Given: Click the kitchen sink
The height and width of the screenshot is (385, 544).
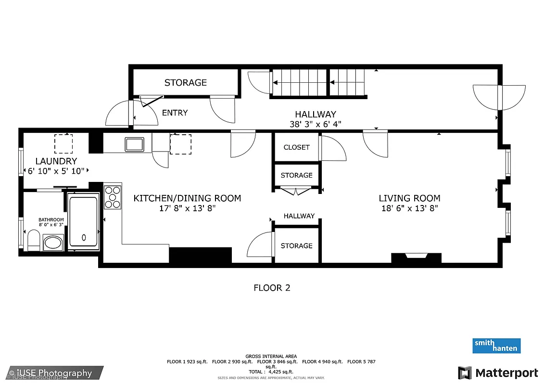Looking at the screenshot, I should [x=134, y=143].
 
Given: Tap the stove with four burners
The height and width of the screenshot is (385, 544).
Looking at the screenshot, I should [x=113, y=197].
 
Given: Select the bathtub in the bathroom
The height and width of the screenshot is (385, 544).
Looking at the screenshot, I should [x=84, y=221].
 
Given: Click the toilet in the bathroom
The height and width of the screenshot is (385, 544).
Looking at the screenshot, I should [x=33, y=240].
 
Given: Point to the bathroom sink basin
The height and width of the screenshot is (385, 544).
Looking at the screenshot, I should [x=53, y=243].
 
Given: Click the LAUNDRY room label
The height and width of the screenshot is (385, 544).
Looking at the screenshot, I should [x=56, y=161].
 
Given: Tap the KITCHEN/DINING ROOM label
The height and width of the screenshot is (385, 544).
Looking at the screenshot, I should [x=187, y=198].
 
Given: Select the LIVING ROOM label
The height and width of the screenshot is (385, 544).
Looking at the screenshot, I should [x=409, y=198].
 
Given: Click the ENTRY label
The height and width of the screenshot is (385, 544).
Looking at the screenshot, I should [x=175, y=113].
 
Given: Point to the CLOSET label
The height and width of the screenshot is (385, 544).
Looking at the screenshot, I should [x=296, y=147].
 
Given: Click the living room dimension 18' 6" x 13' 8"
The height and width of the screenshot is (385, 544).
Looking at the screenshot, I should [x=409, y=208].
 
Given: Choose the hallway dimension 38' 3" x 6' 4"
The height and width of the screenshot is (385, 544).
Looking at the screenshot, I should [x=315, y=124].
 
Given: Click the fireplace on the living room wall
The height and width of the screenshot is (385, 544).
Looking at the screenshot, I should [x=416, y=258].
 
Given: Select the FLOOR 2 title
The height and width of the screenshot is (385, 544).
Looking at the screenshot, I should [x=272, y=288].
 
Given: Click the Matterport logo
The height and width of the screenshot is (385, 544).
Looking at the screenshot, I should [x=498, y=373].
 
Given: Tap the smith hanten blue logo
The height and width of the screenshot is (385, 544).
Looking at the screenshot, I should [x=496, y=346].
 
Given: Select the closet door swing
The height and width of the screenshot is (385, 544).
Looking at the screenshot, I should [x=333, y=149].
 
